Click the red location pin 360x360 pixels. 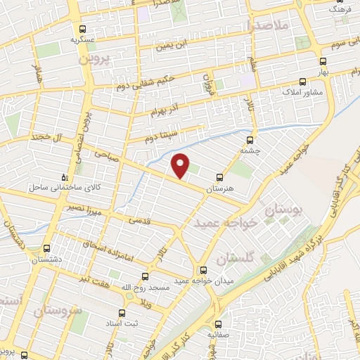pos(181,166)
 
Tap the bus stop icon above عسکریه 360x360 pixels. pos(83,29)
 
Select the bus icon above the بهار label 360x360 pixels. pos(323,61)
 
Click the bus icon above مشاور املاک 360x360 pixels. pos(302,81)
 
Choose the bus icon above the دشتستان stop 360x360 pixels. pos(47,248)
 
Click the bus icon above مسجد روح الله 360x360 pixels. pos(146,276)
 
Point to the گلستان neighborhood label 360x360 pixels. pos(238,258)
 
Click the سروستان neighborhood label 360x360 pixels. pos(58,309)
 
